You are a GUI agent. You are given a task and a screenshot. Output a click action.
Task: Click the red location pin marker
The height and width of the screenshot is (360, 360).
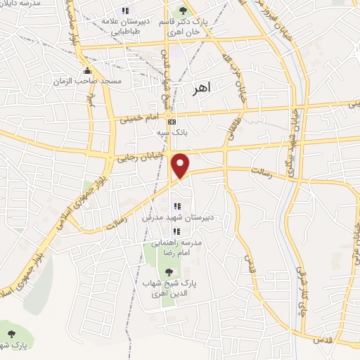pos(181,166)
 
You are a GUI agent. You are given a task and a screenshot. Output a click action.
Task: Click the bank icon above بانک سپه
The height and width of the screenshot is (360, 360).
pos(172,121)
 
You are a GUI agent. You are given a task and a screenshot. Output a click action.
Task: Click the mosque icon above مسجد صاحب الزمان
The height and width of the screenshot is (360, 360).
pos(86,71)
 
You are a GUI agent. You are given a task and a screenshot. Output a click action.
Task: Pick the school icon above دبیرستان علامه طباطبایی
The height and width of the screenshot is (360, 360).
pos(125,11)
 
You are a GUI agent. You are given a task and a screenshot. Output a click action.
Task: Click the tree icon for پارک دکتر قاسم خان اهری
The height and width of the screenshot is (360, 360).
pos(184,11)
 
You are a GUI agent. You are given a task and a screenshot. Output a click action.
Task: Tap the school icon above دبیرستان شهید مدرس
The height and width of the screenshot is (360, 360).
pos(176,207)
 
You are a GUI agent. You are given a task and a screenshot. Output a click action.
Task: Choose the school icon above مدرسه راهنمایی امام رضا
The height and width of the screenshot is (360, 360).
pos(176,231)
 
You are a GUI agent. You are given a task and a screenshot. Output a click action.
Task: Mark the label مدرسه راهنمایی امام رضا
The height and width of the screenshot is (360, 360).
pos(181,247)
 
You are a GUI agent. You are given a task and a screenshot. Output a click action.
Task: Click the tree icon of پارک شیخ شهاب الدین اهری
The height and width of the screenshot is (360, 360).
pos(167,273)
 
